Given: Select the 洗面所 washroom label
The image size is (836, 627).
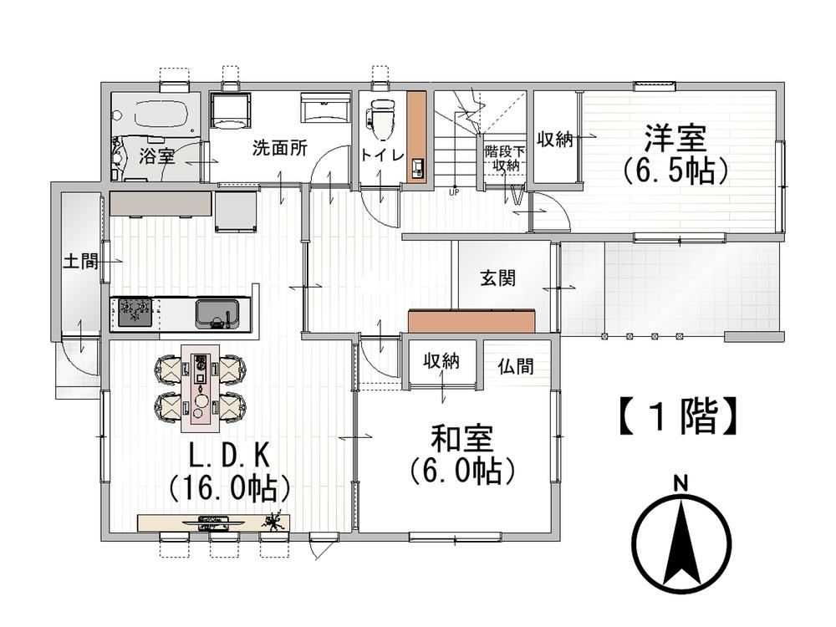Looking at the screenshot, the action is coord(279,148).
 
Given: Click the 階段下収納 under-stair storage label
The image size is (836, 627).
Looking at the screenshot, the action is coord(504,158).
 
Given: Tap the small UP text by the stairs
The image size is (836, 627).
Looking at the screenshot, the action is coord(454,192).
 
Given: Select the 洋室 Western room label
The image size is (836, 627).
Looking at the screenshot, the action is coord(675,137).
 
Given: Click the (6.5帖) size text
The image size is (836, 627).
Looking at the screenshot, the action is coord(675,170).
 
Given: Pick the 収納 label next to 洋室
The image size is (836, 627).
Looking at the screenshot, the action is coord(554,140).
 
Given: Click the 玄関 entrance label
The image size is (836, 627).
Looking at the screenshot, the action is coord(497,278).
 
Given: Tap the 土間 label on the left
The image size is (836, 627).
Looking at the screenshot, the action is coord(80,261).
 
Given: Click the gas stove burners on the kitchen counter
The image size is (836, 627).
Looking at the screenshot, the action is coord(135,312).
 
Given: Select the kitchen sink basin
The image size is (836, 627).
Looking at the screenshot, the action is coord(217,313).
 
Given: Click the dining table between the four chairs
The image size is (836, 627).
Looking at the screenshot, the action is coord(200,389).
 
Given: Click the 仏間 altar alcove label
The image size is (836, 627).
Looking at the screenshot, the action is coord(516,367).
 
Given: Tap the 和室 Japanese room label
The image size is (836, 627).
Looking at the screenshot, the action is coord(461,438).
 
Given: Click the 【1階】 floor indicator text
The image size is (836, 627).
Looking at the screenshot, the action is coord(678,415).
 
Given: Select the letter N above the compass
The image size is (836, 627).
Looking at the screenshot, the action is coord(681,484).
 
